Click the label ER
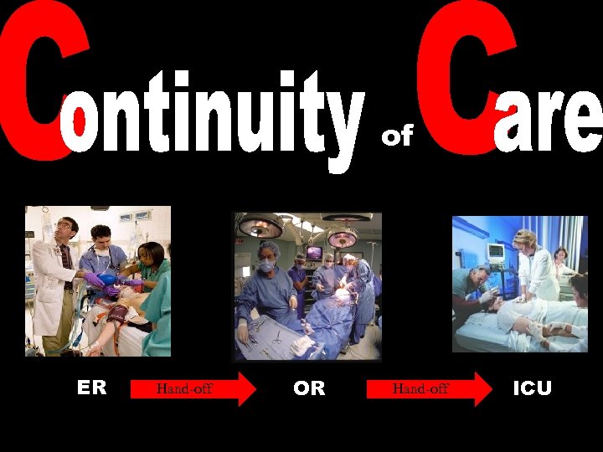pos(92,388)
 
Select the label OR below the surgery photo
pos(309,388)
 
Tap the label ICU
pos(532,388)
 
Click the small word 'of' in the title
pos(398,136)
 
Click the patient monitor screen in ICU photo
pos(495,252)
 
